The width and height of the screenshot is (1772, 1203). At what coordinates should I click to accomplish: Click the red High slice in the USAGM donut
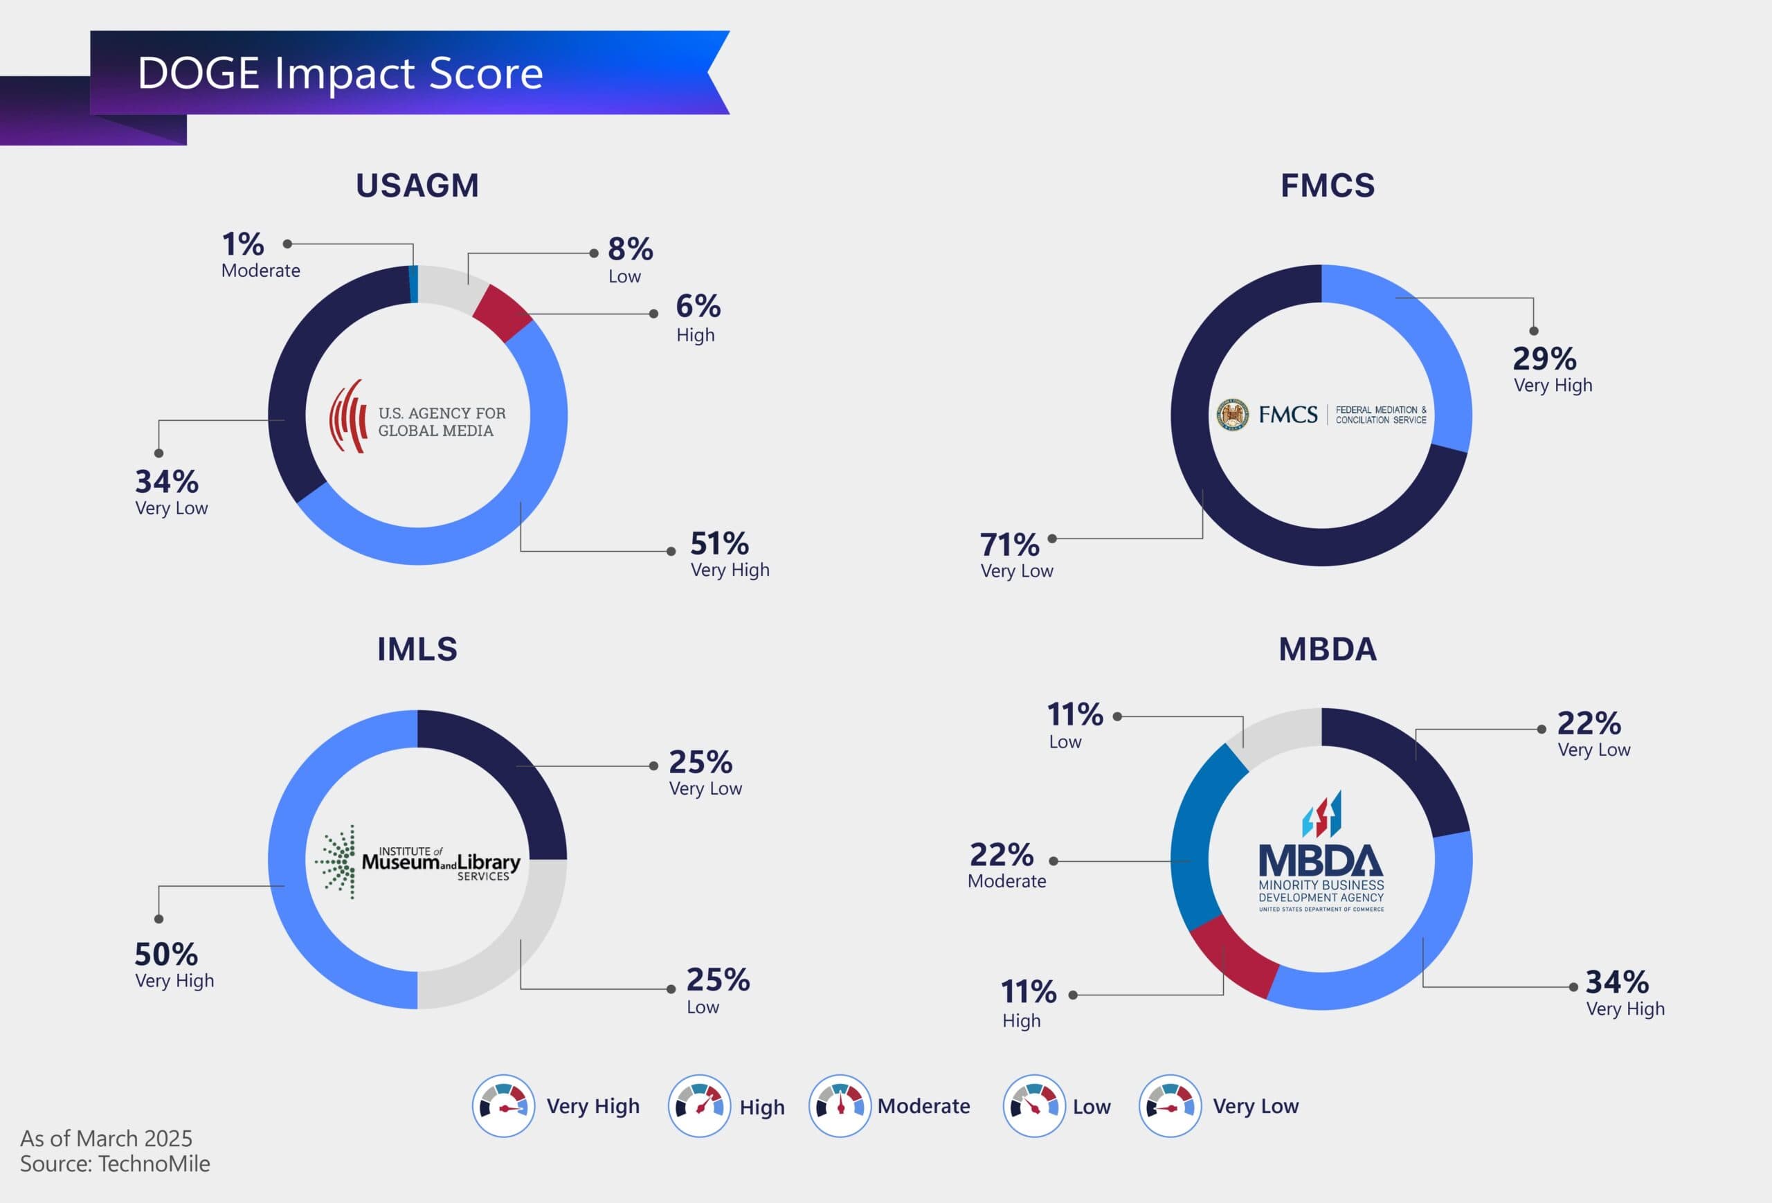click(x=501, y=311)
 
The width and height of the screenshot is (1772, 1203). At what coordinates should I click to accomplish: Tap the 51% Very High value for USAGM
click(x=719, y=544)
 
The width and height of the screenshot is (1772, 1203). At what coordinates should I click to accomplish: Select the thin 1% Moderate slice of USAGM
click(x=414, y=284)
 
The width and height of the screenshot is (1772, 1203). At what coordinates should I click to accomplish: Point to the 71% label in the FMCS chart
click(x=1009, y=545)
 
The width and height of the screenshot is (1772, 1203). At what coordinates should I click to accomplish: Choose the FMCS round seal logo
click(x=1232, y=415)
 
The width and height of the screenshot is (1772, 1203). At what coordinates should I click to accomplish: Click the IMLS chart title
click(x=417, y=649)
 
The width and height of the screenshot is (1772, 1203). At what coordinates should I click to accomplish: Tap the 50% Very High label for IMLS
click(x=166, y=955)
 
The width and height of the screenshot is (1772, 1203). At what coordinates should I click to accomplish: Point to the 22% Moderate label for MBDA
click(x=1002, y=856)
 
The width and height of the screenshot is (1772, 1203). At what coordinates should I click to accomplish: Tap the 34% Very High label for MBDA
click(x=1617, y=983)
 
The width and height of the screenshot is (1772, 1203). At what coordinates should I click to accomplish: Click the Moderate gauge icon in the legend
click(x=840, y=1106)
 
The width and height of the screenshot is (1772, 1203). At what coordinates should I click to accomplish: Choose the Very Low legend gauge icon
click(x=1170, y=1106)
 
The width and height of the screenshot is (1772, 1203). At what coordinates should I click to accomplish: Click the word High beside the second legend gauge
click(x=761, y=1107)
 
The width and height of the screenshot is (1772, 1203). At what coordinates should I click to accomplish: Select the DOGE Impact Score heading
click(x=340, y=73)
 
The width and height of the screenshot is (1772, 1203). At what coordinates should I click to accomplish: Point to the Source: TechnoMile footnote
click(x=115, y=1164)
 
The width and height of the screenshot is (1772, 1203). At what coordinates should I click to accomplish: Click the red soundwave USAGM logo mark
click(x=348, y=416)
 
